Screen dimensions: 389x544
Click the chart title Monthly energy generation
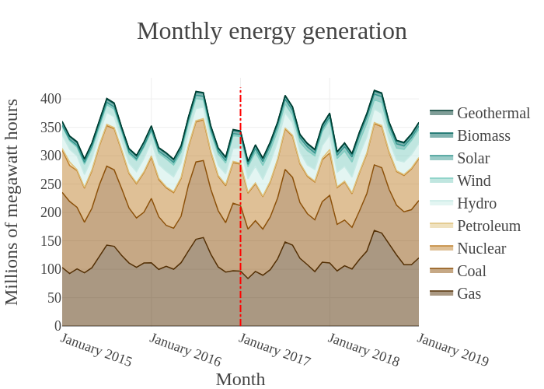(272, 31)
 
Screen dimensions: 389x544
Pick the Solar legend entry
(476, 159)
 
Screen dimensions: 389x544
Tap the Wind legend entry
(476, 181)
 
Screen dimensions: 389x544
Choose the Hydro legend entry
(476, 204)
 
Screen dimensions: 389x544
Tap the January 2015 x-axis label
(96, 350)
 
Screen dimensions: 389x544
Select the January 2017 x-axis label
(274, 350)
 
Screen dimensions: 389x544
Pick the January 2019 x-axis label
(452, 350)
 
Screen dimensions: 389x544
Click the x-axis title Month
(240, 380)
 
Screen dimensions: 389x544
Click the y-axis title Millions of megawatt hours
(12, 202)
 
